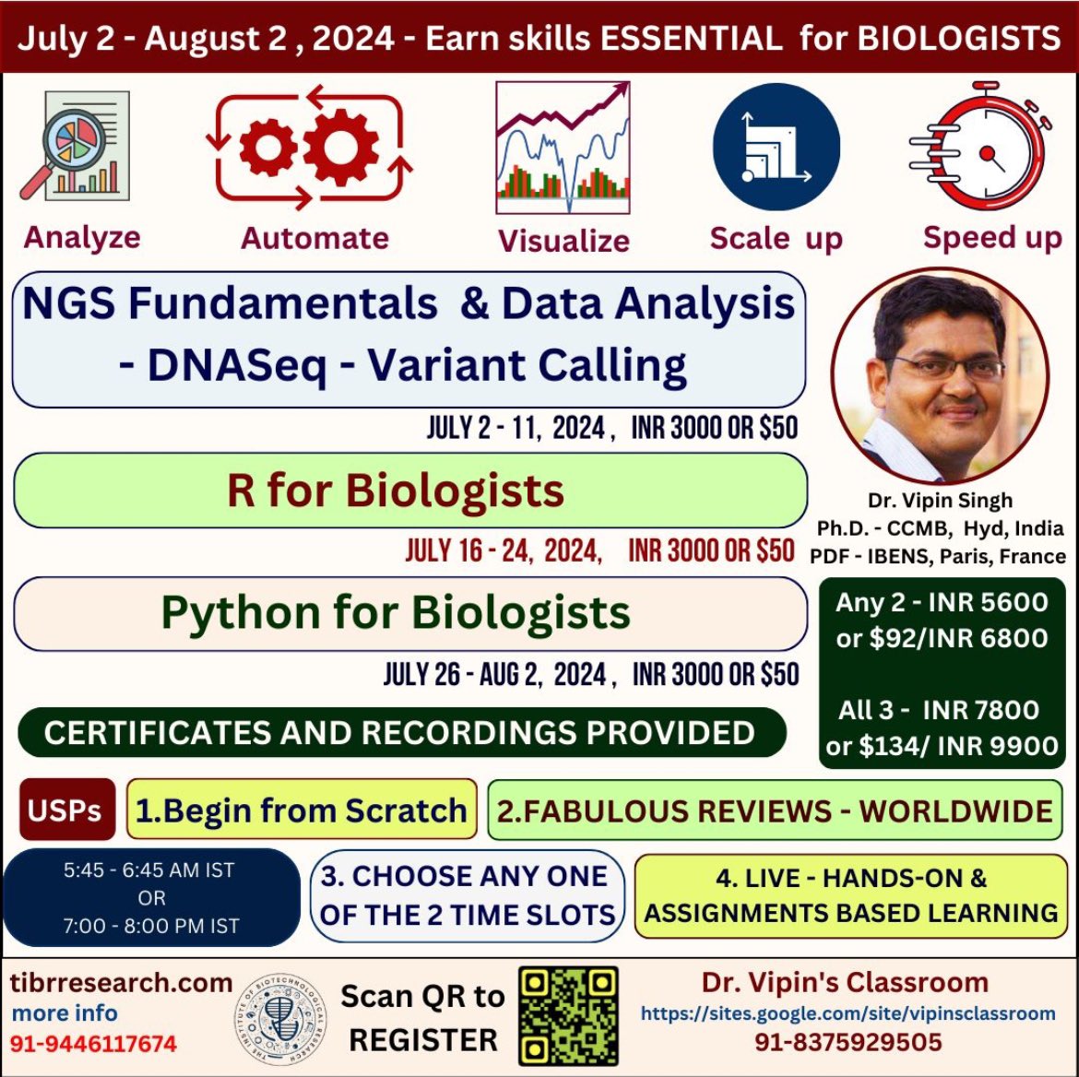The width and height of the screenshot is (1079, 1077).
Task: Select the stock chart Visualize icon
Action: pyautogui.click(x=563, y=146)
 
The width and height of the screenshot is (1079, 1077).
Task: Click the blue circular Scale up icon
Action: pyautogui.click(x=777, y=147)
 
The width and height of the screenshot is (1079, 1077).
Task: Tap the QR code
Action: pyautogui.click(x=568, y=1015)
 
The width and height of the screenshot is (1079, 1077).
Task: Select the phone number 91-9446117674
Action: pyautogui.click(x=94, y=1044)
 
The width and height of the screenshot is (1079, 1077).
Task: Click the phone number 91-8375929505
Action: pyautogui.click(x=848, y=1042)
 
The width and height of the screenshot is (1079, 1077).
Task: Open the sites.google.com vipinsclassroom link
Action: pyautogui.click(x=848, y=1013)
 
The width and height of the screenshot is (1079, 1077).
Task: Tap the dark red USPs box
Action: pyautogui.click(x=65, y=810)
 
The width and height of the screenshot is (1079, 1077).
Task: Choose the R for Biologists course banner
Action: pyautogui.click(x=409, y=491)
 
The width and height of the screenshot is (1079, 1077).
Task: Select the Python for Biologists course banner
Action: pyautogui.click(x=409, y=613)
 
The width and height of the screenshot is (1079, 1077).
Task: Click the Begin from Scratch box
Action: pyautogui.click(x=302, y=810)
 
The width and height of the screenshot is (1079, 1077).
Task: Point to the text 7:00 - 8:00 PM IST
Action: pyautogui.click(x=150, y=926)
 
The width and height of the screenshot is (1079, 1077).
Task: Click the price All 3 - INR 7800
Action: pyautogui.click(x=939, y=710)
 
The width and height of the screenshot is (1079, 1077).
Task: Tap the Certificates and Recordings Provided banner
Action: pyautogui.click(x=400, y=732)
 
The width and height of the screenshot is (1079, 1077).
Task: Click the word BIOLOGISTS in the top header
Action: pyautogui.click(x=959, y=38)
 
